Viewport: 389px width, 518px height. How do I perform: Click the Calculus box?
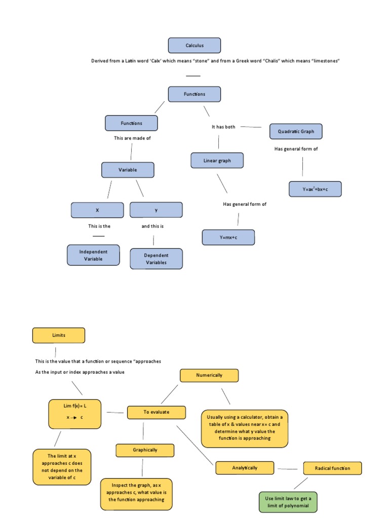(194, 46)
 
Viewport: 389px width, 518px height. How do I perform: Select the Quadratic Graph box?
(296, 132)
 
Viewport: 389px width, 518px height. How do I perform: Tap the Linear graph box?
(217, 161)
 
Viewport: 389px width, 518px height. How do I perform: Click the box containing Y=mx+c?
(228, 237)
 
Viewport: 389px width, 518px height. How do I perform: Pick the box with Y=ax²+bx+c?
(315, 189)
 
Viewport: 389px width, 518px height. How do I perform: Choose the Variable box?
(128, 170)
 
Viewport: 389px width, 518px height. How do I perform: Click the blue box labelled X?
(97, 210)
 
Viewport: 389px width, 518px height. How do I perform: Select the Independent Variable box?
(93, 255)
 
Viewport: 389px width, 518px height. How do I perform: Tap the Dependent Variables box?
(156, 259)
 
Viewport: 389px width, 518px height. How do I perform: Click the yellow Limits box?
(59, 335)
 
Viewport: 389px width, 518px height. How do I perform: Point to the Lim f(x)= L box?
(74, 414)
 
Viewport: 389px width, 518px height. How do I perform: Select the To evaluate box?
(156, 412)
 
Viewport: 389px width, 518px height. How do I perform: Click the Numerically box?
(209, 375)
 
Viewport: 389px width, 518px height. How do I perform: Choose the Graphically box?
(145, 450)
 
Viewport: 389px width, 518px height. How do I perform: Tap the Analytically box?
(245, 468)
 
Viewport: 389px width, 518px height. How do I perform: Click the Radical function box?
(332, 468)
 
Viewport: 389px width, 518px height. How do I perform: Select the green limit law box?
(288, 502)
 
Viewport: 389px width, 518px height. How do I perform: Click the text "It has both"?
(223, 127)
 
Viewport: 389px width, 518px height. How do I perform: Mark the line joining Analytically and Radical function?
(288, 469)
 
